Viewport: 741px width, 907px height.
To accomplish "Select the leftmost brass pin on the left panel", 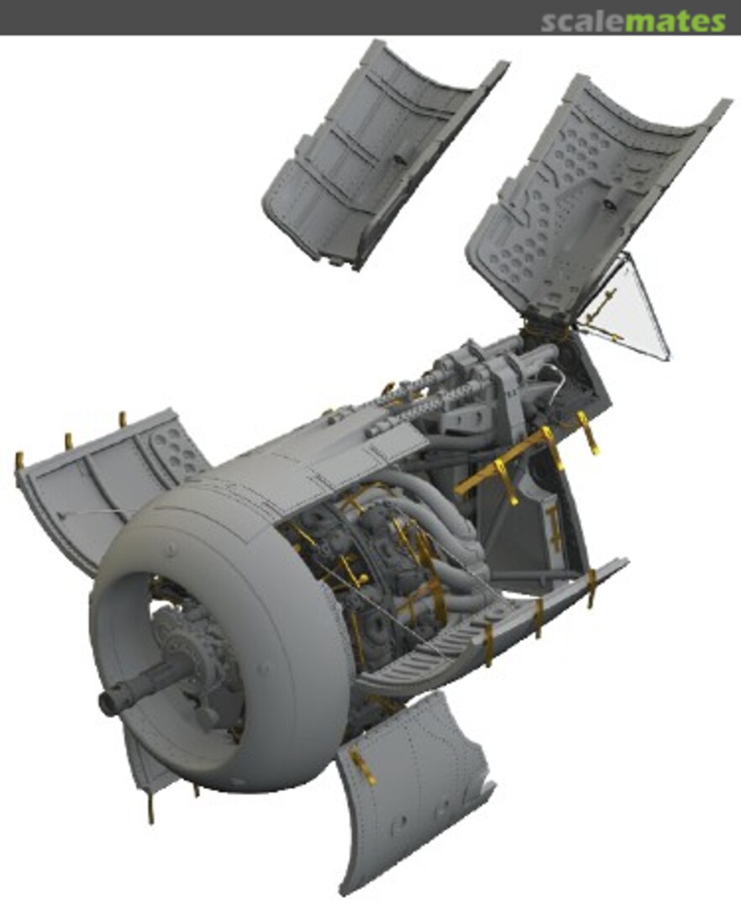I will [x=18, y=461].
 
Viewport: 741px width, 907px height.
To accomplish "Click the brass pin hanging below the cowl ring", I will [x=153, y=810].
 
